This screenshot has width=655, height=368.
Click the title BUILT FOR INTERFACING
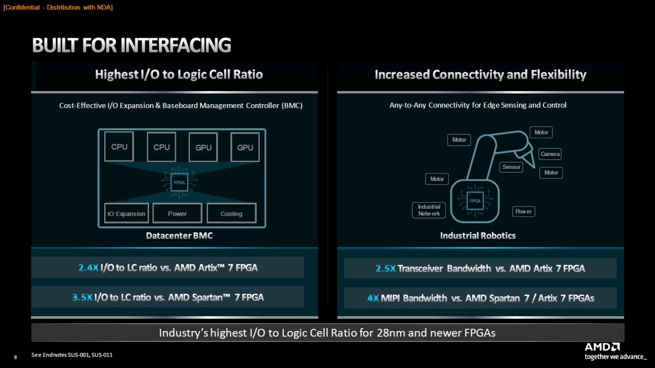(132, 45)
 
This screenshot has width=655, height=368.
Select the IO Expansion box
(127, 214)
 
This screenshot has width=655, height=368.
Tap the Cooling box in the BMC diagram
(231, 214)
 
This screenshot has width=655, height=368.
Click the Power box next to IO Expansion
(177, 214)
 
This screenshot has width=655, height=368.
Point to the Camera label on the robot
(550, 154)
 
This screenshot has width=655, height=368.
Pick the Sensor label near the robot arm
(511, 167)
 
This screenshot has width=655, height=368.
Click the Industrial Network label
(429, 210)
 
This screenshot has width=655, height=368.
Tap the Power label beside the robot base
(523, 212)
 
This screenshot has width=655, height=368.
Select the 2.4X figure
(88, 268)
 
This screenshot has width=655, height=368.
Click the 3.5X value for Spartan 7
(82, 297)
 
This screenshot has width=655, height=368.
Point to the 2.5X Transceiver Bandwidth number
(385, 268)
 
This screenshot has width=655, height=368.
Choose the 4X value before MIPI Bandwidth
(373, 298)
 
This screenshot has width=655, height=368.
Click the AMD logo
(602, 347)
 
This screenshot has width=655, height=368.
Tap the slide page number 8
(15, 357)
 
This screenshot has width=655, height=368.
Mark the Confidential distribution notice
(58, 7)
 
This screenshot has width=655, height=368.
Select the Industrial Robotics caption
(478, 236)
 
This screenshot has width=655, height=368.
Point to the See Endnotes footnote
(72, 355)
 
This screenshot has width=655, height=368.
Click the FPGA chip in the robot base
(475, 201)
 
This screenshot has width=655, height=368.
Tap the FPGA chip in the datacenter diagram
(179, 182)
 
